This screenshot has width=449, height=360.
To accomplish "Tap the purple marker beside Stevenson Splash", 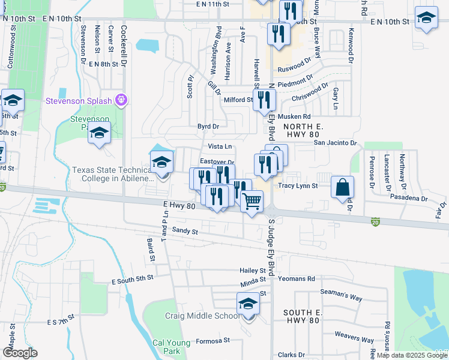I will tap(122, 99).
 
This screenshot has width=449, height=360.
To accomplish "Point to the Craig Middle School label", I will tap(202, 316).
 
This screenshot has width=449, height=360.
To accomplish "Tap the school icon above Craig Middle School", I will tap(247, 304).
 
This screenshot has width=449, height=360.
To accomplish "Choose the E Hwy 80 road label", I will tap(179, 205).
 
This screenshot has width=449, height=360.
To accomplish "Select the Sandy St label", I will tap(185, 230).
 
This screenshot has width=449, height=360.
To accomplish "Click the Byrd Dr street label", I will tap(208, 127).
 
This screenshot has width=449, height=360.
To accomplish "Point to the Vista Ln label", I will tap(220, 146).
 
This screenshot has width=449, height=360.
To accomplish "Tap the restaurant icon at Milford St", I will tap(264, 100).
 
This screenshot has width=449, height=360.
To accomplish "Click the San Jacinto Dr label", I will tap(336, 143).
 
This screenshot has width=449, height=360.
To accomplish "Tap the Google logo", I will tap(20, 353).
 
